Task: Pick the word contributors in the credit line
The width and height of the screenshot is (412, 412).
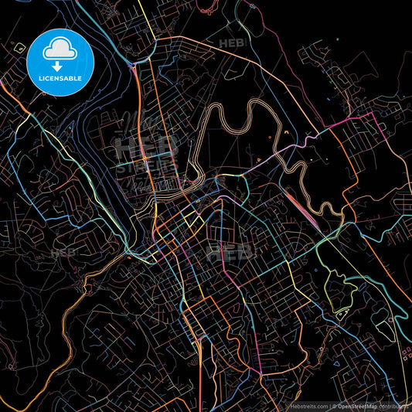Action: (396, 404)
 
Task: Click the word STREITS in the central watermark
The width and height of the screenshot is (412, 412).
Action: (147, 164)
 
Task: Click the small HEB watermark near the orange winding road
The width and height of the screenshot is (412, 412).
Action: (63, 253)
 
